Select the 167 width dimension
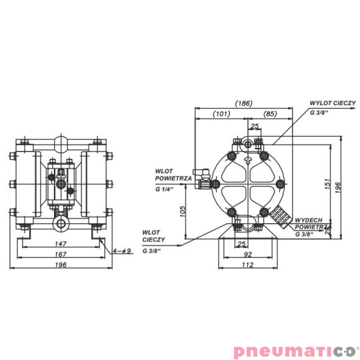pos(61,254)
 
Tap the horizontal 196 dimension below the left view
pos(61,265)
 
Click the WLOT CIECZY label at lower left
pos(151,236)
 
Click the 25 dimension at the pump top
pos(253,126)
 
